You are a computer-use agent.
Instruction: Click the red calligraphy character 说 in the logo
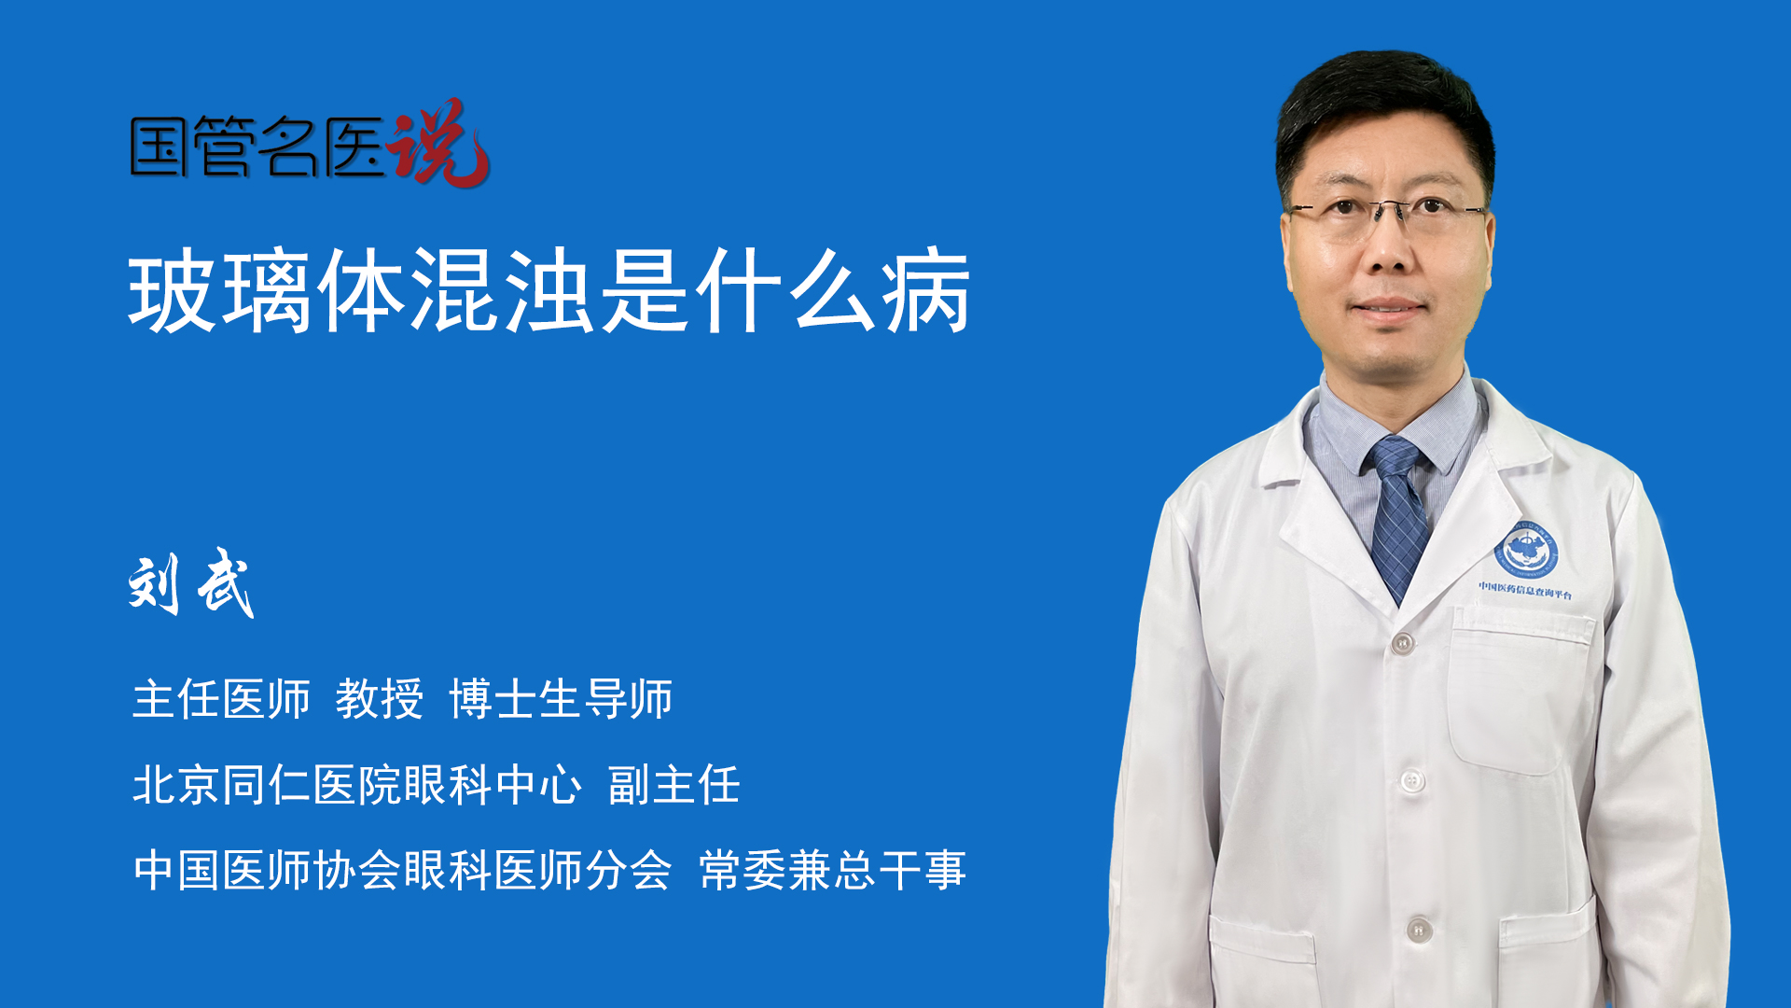click(438, 142)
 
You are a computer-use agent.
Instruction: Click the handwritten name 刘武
click(191, 583)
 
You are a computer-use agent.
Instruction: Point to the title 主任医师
click(221, 699)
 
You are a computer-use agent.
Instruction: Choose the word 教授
click(380, 699)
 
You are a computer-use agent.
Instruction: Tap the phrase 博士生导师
click(561, 699)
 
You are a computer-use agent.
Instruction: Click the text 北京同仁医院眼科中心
click(357, 785)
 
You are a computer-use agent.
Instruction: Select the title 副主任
click(674, 785)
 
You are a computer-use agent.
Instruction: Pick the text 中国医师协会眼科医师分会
click(403, 870)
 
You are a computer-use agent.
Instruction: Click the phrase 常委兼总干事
click(833, 870)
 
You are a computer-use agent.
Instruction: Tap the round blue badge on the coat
click(1526, 551)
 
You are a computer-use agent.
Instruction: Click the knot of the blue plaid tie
click(1395, 456)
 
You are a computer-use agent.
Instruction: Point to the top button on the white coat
click(1402, 643)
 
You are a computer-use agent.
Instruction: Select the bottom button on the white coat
click(1419, 930)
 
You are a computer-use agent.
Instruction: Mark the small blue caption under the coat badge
click(1525, 592)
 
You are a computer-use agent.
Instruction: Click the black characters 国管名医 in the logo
click(257, 147)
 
